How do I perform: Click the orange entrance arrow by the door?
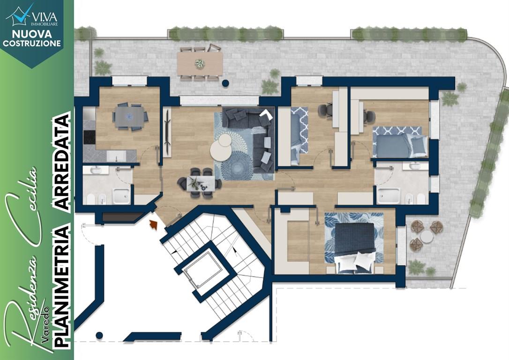coord(153,225)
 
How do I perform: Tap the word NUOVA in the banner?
coord(32,34)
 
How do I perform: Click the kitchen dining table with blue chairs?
coord(130,117)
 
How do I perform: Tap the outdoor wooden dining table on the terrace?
coord(200,63)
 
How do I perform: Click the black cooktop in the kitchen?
coord(90,137)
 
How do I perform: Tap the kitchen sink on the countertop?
coord(116,157)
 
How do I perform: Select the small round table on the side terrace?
coord(427,237)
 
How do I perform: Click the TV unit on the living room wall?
coord(167,132)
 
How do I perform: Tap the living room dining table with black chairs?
coord(200,182)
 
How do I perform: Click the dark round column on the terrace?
coord(225,83)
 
